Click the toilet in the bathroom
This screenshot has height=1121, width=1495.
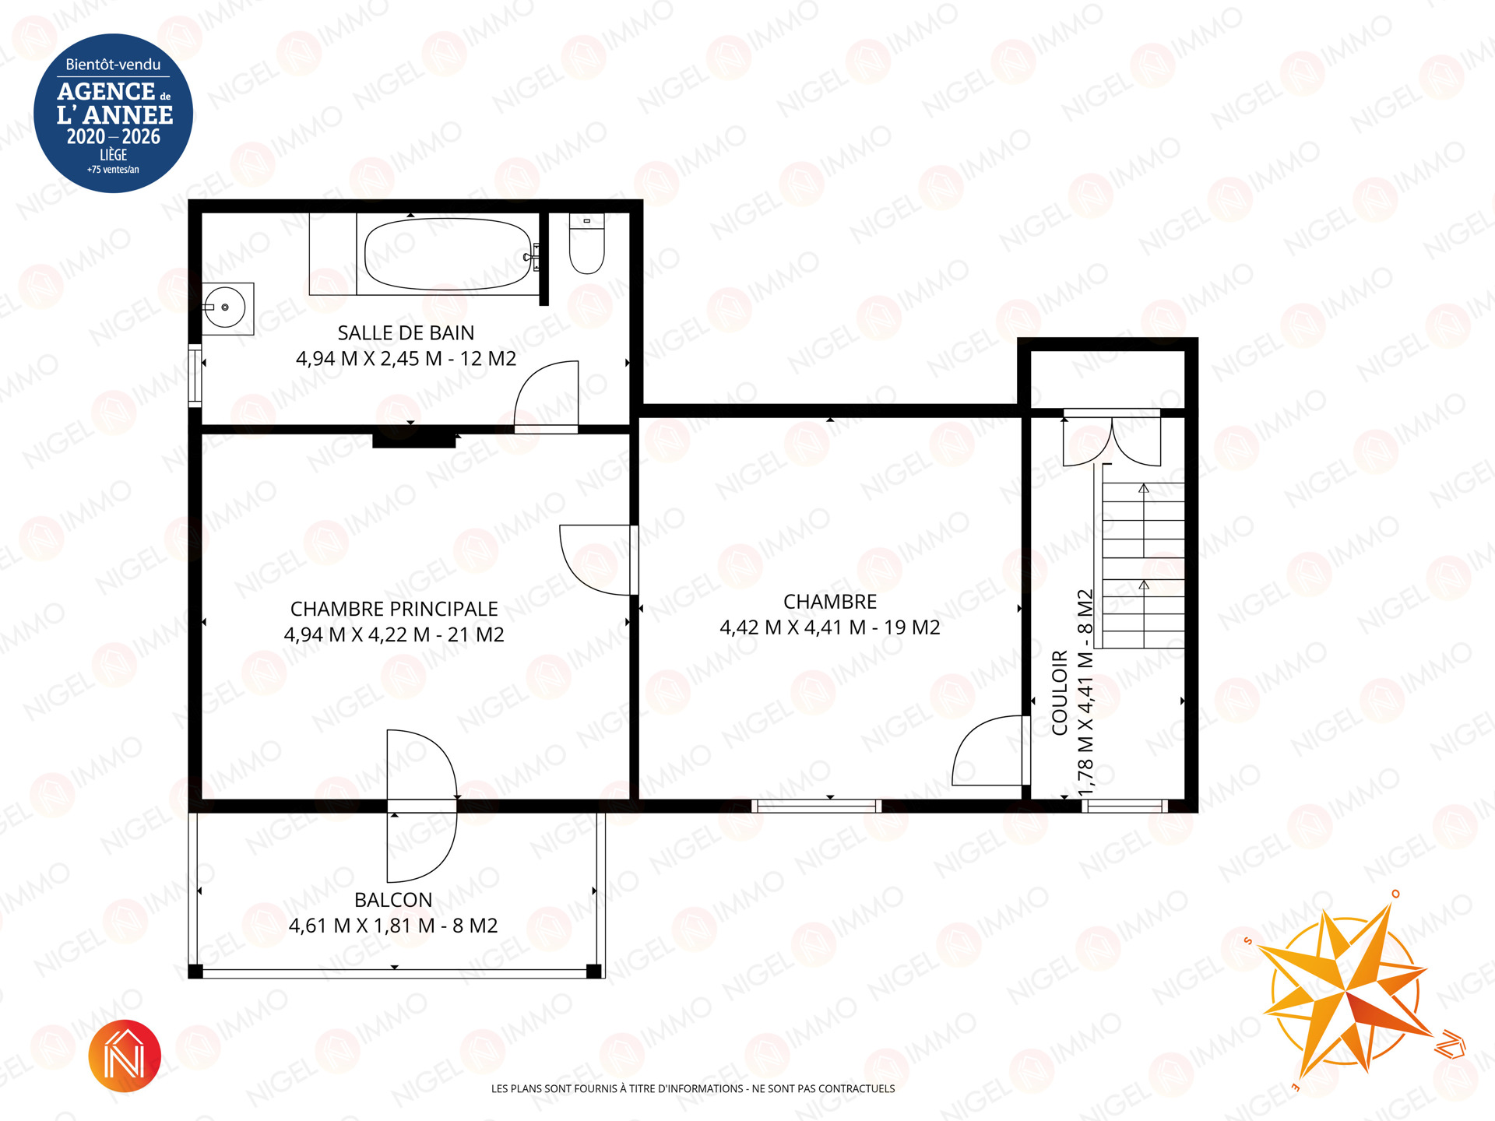587,243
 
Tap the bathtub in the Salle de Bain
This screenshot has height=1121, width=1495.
447,254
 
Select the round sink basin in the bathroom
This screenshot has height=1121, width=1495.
226,308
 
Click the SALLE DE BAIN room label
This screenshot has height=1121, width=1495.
406,333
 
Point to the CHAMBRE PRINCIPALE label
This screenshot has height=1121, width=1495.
394,609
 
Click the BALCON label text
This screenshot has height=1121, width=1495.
393,900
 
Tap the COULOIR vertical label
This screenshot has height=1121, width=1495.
1060,693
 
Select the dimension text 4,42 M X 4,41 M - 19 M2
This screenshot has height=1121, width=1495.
830,627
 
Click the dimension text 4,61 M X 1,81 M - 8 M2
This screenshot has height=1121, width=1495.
393,926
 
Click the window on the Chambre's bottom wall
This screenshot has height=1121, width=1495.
817,806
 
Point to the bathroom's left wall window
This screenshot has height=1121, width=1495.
195,375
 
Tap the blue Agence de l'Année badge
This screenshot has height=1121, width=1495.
114,114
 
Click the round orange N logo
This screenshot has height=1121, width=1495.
125,1056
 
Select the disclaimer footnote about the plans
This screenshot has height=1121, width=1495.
693,1089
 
